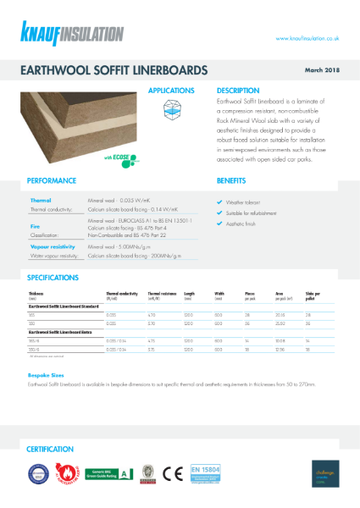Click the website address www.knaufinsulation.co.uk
click(x=307, y=38)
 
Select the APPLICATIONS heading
click(x=172, y=90)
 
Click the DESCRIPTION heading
click(x=236, y=90)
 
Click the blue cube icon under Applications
click(x=172, y=107)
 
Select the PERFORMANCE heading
click(x=52, y=181)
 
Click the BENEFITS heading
click(x=231, y=181)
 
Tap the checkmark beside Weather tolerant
click(x=220, y=202)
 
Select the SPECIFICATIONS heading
click(x=54, y=277)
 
